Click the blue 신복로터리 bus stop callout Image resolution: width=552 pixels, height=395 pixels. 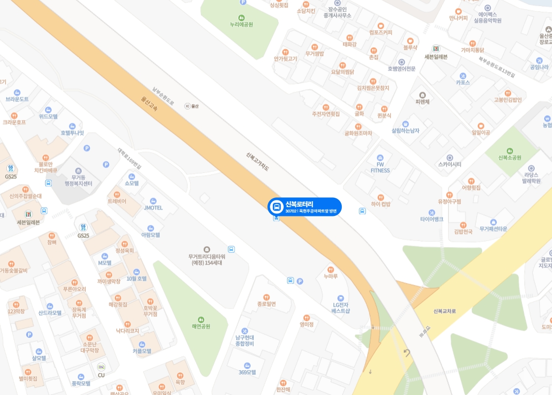coord(304,207)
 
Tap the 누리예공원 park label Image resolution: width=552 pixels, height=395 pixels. coord(241,24)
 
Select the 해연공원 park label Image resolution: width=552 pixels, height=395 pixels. coord(201,326)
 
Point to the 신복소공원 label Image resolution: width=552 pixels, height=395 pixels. coord(510,157)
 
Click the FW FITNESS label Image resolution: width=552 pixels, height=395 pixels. coord(380,167)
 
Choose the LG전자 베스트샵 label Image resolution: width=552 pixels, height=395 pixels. coord(340,307)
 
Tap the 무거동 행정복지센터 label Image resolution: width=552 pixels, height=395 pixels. coord(78,180)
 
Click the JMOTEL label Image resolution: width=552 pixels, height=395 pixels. coord(153,208)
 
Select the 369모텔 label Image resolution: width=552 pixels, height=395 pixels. coord(247,372)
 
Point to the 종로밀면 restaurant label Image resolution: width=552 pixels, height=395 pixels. coord(266,304)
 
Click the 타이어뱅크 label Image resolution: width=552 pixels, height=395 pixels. coord(432,219)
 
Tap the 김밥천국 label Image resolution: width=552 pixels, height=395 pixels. coord(463,231)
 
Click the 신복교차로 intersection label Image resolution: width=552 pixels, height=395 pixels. coord(445,311)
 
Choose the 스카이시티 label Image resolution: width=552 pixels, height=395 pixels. coord(449,164)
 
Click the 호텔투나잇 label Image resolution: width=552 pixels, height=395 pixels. coord(72,133)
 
